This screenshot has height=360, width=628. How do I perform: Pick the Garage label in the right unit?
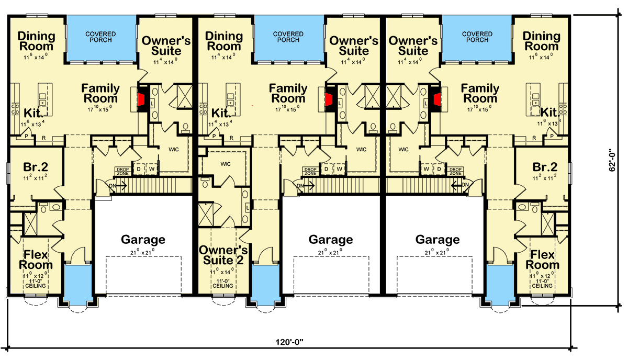(x=438, y=240)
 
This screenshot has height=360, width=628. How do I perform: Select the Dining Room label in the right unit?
(x=542, y=41)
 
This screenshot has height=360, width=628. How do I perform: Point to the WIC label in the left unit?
(x=174, y=150)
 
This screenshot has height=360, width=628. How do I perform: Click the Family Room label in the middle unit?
(x=288, y=93)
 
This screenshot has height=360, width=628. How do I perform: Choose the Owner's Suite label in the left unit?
(x=162, y=46)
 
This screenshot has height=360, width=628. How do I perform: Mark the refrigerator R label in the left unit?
(x=44, y=138)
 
